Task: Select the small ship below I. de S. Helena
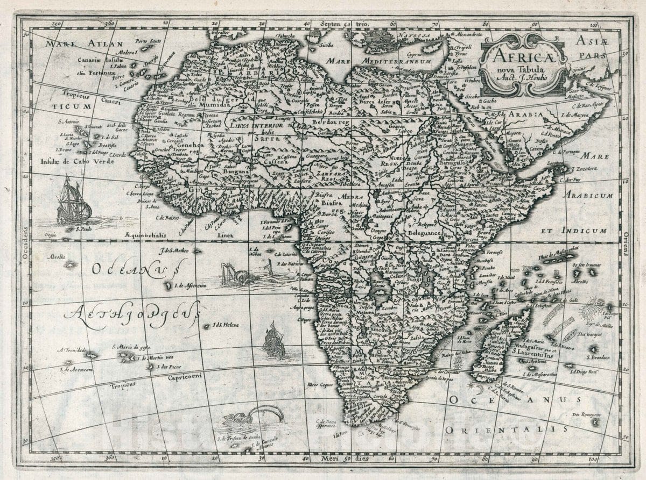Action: click(x=274, y=339)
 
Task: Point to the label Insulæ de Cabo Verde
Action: click(x=78, y=161)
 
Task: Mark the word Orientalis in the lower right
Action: click(x=506, y=429)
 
